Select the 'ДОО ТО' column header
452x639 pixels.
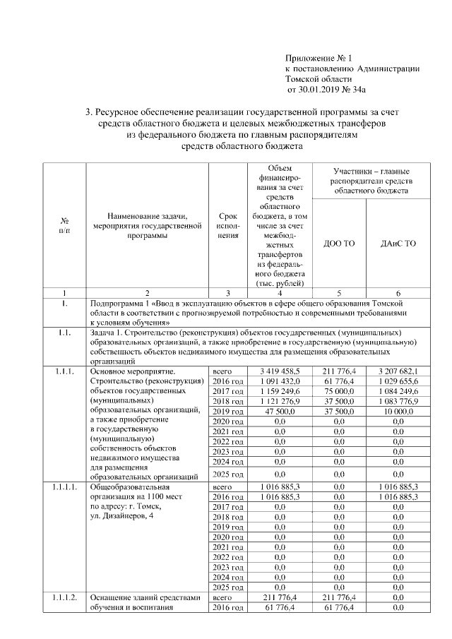pyautogui.click(x=338, y=244)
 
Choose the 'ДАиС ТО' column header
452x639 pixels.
pyautogui.click(x=398, y=244)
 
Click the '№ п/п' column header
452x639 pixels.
pyautogui.click(x=64, y=225)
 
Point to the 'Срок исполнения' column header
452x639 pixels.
pyautogui.click(x=227, y=225)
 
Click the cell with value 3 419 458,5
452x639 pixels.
pyautogui.click(x=279, y=370)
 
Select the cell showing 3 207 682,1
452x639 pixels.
pyautogui.click(x=398, y=370)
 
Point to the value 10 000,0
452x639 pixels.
pyautogui.click(x=398, y=411)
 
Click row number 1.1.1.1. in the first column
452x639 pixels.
pyautogui.click(x=64, y=487)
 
